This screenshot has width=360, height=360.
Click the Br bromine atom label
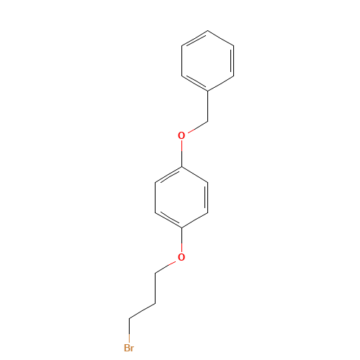[129, 348]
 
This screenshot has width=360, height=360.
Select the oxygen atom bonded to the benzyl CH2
[181, 135]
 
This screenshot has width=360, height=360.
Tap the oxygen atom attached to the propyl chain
[181, 257]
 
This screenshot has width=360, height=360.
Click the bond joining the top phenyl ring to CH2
[207, 107]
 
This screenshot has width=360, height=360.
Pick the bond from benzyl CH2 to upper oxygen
[198, 127]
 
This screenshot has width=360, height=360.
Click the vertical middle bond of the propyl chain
[155, 288]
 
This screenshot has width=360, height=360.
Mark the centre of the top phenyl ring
[207, 60]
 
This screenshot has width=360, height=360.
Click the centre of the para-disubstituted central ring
[181, 197]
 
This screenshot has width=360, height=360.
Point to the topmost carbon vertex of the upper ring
[207, 30]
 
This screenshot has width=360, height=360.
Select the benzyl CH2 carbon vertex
[207, 122]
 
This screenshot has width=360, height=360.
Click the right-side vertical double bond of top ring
[233, 60]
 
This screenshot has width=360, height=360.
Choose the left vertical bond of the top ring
[181, 60]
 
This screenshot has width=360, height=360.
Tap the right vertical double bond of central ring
[207, 197]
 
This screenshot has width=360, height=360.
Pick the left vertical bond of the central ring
[155, 197]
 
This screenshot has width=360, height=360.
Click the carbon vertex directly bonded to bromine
[129, 318]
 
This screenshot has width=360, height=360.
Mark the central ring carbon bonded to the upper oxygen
[181, 166]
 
